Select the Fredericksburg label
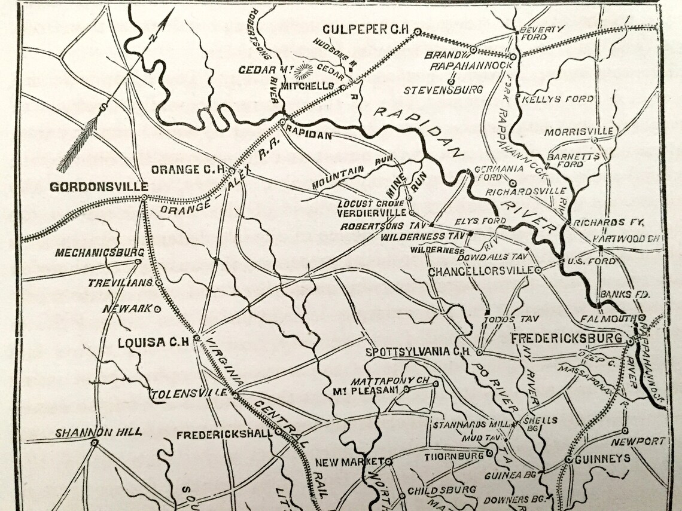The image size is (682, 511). coord(566,339)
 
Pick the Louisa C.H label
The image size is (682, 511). coord(154,342)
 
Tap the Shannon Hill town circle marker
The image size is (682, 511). coord(95,443)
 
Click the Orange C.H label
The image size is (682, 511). coord(188,169)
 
